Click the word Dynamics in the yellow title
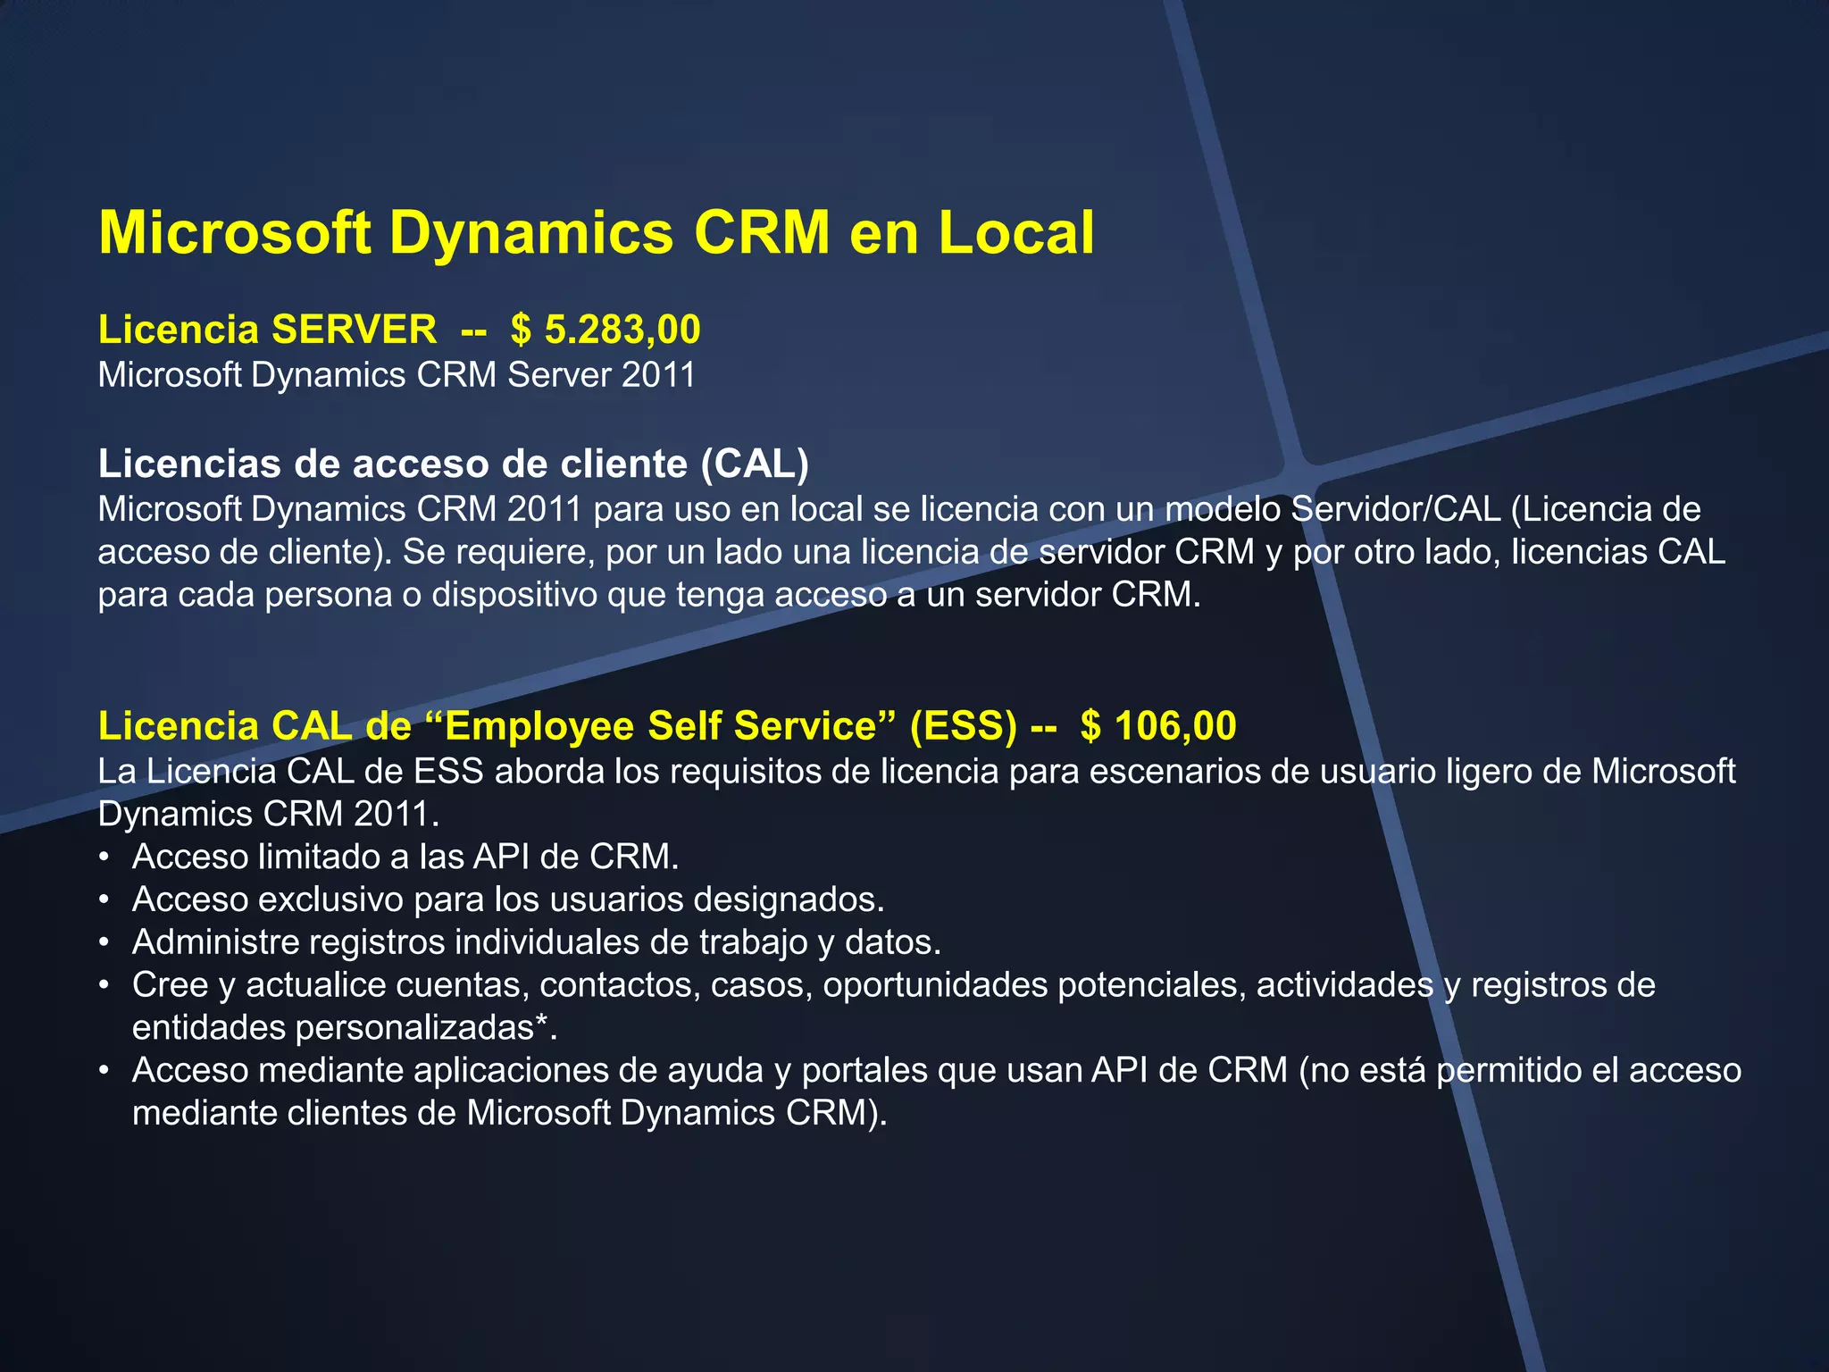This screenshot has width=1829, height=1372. click(x=531, y=233)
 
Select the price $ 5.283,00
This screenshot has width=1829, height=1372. click(x=605, y=330)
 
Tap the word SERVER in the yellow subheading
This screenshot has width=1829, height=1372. click(x=355, y=330)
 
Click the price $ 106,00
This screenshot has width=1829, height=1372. click(x=1158, y=726)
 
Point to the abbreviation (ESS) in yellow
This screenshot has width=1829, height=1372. click(x=963, y=726)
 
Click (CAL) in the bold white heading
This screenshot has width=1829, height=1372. click(x=755, y=464)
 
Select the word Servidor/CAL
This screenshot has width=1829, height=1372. click(x=1396, y=509)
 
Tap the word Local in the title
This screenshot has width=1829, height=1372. click(x=1015, y=233)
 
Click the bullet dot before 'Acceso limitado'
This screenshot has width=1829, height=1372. click(x=104, y=857)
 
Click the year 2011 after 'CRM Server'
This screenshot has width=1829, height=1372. click(x=658, y=375)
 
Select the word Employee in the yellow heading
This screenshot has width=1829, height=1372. click(x=539, y=726)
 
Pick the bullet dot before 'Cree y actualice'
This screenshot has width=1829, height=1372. click(x=104, y=985)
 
